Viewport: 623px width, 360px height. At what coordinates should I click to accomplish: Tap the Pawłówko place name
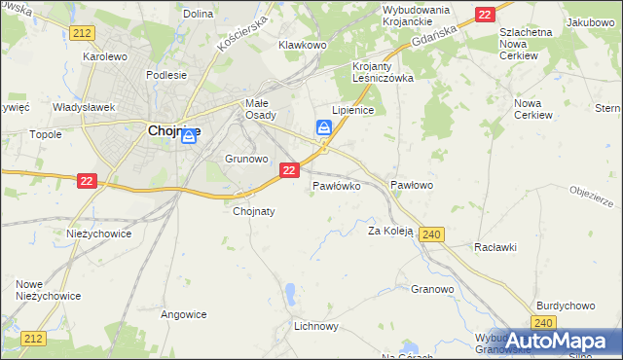[337, 184]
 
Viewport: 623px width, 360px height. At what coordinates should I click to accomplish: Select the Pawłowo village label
[411, 184]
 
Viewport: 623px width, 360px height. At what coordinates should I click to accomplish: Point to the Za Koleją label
[390, 232]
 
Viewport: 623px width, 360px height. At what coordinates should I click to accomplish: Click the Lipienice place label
[353, 111]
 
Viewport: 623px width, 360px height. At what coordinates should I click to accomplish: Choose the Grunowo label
[245, 158]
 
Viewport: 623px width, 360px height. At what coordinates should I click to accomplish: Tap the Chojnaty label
[254, 210]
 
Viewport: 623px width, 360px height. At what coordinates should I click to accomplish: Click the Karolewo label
[106, 56]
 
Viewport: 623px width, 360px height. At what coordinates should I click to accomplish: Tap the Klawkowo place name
[301, 45]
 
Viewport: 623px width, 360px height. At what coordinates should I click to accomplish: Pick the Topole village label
[46, 134]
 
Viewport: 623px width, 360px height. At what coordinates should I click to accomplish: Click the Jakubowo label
[591, 21]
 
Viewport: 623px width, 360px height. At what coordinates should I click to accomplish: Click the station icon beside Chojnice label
[189, 138]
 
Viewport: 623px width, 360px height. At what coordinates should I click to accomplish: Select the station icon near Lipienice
[323, 127]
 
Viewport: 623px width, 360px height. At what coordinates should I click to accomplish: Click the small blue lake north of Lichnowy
[291, 292]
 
